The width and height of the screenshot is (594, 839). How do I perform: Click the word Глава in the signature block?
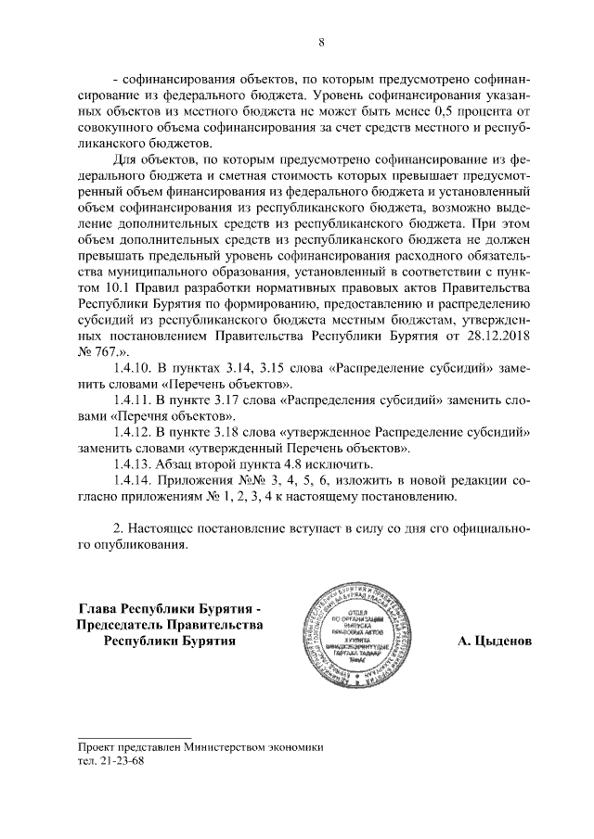pyautogui.click(x=99, y=608)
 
